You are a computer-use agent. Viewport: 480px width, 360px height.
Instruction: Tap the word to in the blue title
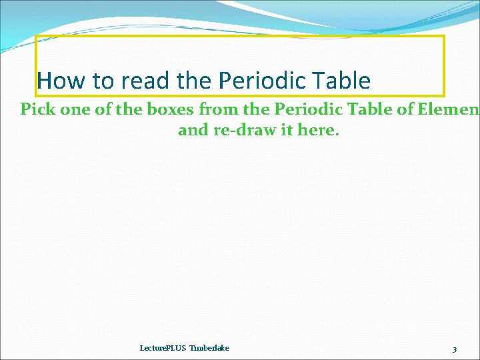click(103, 81)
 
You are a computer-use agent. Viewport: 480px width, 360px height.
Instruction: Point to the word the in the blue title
click(195, 81)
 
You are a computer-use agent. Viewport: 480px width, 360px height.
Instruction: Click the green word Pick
click(37, 109)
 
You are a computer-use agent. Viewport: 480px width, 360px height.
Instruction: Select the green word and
click(194, 131)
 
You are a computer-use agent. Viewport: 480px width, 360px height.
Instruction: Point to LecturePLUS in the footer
click(163, 348)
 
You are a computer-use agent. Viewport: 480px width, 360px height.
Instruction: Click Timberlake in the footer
click(209, 348)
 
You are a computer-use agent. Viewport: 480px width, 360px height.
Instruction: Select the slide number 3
click(455, 349)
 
